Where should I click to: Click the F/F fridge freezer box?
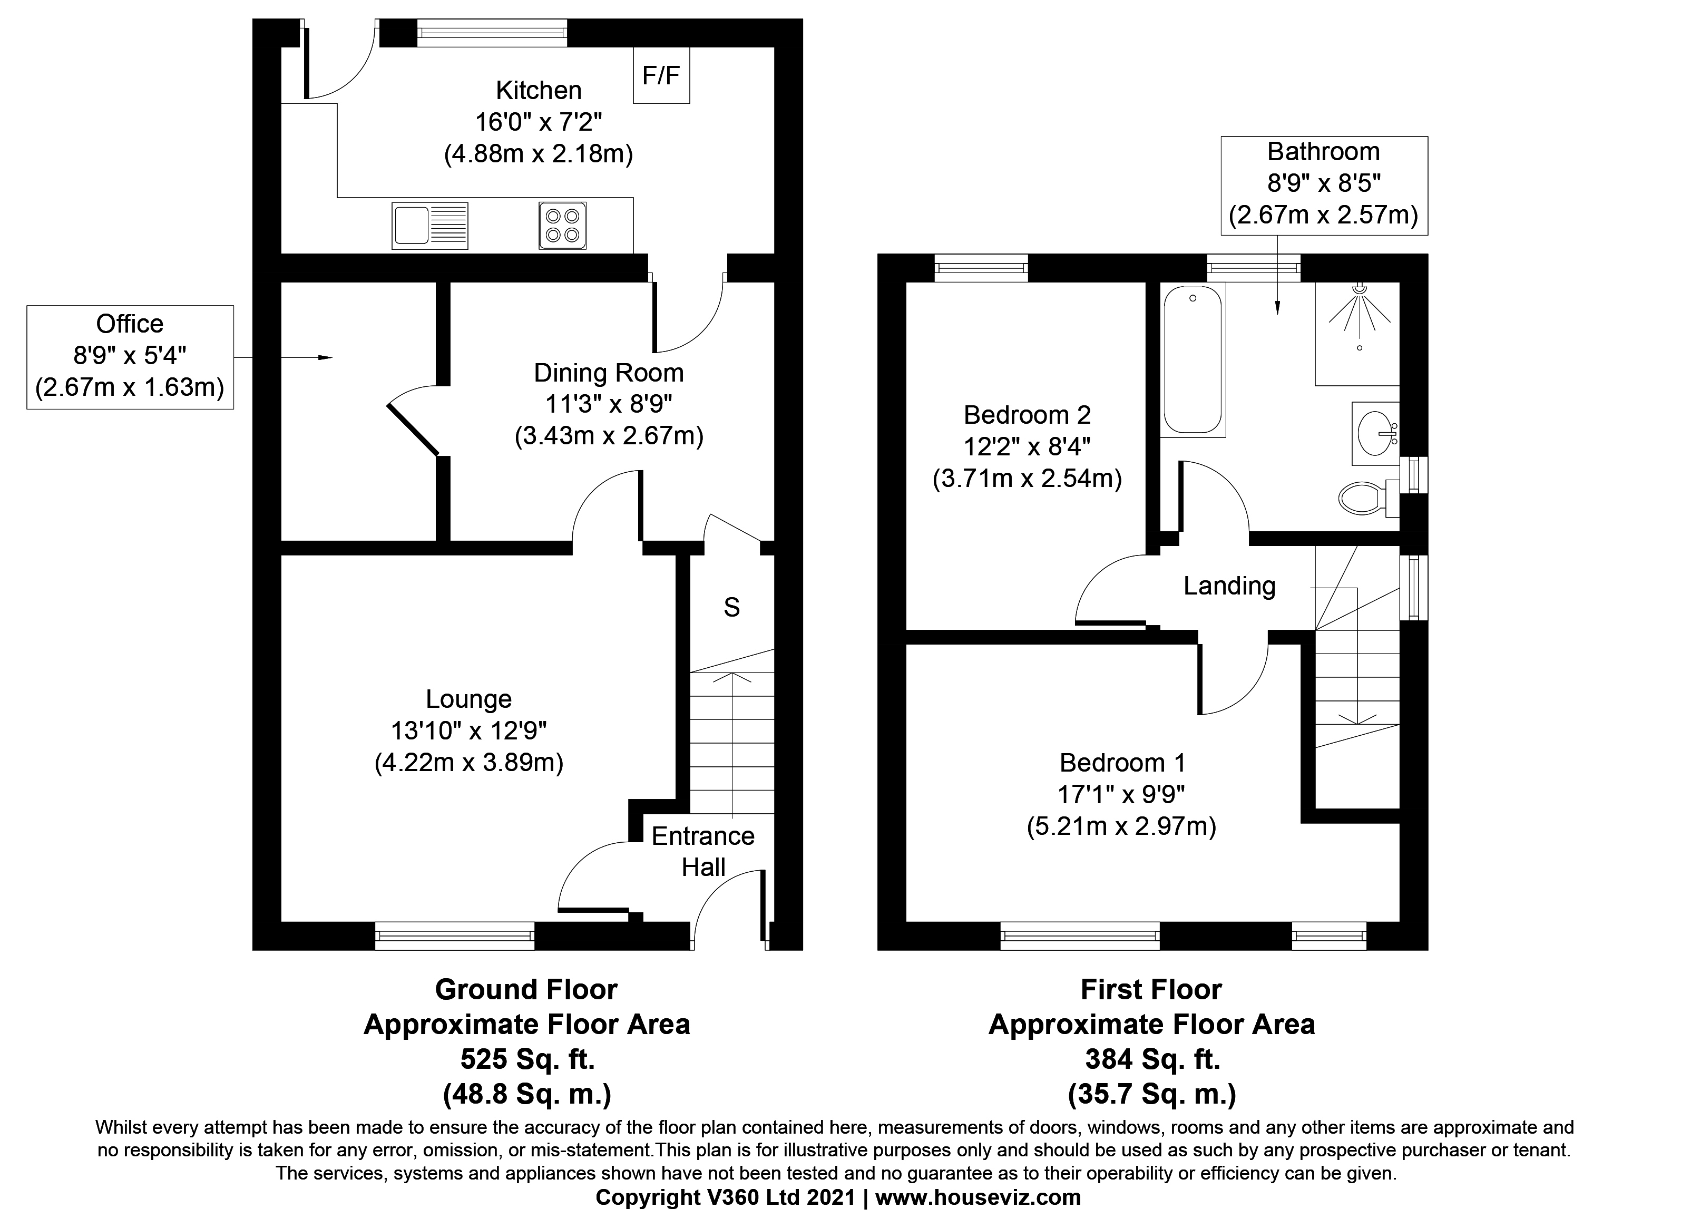pos(661,75)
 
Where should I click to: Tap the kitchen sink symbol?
pos(430,226)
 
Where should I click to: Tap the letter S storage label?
pos(731,608)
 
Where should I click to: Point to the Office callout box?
pos(131,357)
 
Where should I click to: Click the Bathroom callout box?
pos(1324,186)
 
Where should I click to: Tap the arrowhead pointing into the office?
pos(325,358)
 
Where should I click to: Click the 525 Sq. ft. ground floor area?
pos(527,1059)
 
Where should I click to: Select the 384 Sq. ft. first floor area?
pos(1152,1059)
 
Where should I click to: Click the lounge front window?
pos(454,936)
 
